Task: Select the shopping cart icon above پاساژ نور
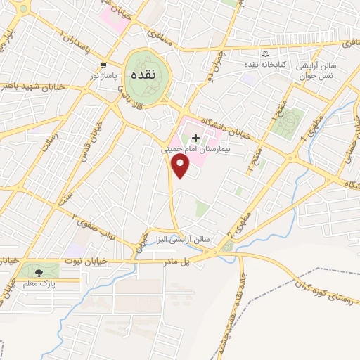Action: pos(103,63)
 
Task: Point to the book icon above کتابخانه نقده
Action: pos(265,53)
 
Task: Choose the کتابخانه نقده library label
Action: pos(265,65)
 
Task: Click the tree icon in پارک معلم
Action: pos(39,271)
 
